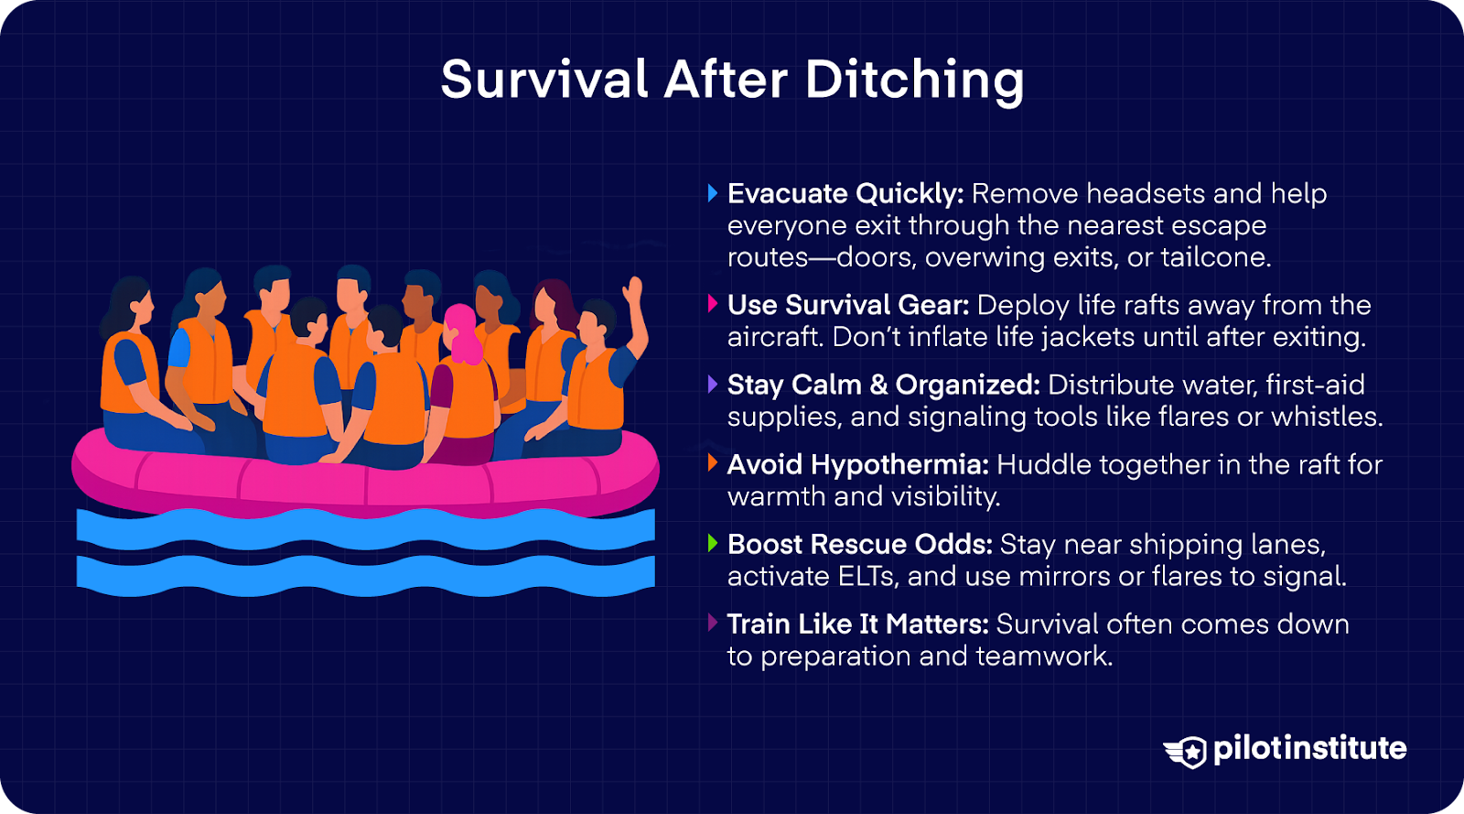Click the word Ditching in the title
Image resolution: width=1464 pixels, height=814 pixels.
tap(914, 81)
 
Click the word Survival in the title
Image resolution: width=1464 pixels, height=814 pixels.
tap(544, 81)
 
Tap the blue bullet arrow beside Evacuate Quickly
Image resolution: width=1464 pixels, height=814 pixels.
tap(713, 193)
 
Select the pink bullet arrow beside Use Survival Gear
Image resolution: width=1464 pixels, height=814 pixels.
tap(713, 304)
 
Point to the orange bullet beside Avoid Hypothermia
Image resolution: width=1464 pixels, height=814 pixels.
tap(713, 463)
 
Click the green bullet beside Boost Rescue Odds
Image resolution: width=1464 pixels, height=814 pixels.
tap(713, 543)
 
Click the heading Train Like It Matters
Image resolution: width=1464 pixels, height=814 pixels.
tap(857, 624)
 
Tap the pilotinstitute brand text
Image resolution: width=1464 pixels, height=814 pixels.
tap(1309, 749)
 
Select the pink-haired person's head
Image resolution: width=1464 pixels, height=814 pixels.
tap(462, 330)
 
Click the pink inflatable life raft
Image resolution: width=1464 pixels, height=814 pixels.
tap(366, 481)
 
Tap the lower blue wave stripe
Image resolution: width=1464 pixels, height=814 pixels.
tap(366, 575)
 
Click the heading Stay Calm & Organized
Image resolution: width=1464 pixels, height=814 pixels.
tap(883, 385)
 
